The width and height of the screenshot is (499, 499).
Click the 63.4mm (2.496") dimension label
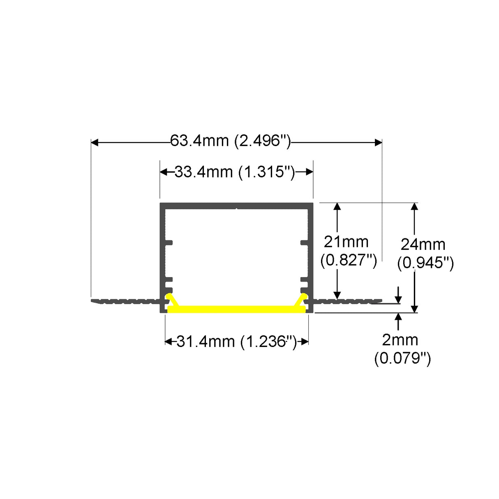tap(231, 141)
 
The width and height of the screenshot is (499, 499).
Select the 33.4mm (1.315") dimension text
tap(235, 172)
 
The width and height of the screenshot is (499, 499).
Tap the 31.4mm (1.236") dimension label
tap(236, 342)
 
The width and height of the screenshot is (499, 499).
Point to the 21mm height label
tap(346, 242)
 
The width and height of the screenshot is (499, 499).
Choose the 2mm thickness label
tap(400, 340)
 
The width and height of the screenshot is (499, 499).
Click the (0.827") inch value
tap(349, 260)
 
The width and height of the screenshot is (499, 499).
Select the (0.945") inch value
tap(425, 263)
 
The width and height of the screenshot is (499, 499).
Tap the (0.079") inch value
tap(402, 358)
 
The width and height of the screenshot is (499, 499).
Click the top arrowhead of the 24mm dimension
tap(415, 206)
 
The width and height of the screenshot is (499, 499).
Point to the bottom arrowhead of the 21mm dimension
tap(337, 295)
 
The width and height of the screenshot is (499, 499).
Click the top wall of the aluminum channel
tap(237, 206)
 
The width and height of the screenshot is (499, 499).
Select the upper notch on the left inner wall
tap(169, 243)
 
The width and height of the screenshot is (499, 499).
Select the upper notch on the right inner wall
tap(304, 243)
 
